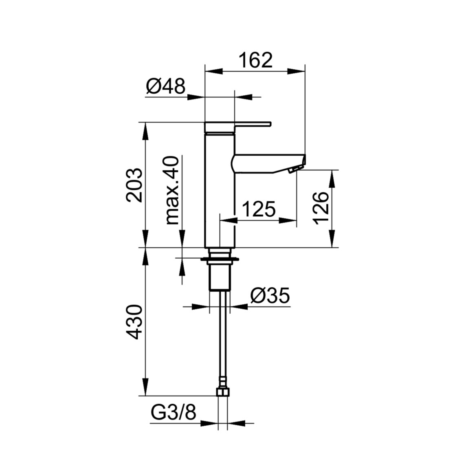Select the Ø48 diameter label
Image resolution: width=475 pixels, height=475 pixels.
coord(165,86)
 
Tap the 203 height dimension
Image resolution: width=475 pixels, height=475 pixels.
coord(134,185)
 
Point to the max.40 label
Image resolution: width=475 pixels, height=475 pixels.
coord(173,190)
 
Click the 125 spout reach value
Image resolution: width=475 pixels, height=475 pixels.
coord(259,209)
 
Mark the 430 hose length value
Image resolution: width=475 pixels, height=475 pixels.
coord(134,322)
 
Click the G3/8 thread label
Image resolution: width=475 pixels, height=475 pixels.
coord(174,413)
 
